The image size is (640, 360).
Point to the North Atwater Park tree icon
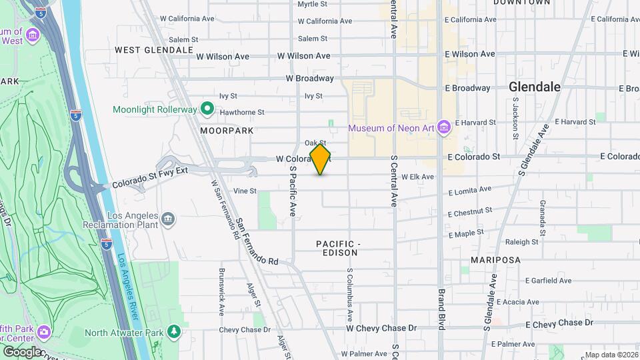pos(174,331)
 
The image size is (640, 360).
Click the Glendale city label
pos(534,87)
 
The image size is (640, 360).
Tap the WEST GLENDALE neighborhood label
pos(154,50)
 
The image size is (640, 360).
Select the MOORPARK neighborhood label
pos(227,131)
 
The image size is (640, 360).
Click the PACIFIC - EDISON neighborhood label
pos(338,249)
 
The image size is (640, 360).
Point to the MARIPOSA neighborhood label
pos(495,259)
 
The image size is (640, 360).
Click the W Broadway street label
pos(309,78)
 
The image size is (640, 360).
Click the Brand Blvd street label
pos(441,309)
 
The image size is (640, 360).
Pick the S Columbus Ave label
pos(349,292)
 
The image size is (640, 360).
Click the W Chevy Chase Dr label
pos(381,328)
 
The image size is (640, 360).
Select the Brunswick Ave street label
pos(221,291)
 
